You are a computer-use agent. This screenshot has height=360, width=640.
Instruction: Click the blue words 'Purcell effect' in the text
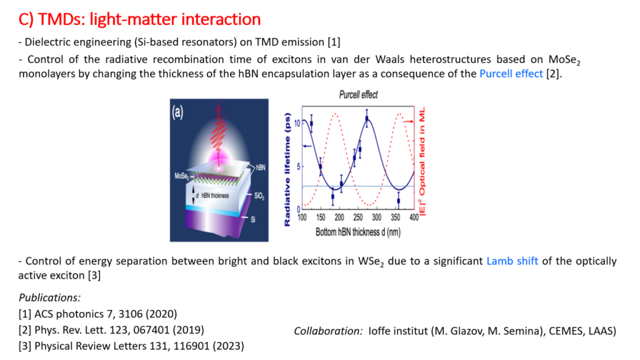coord(511,74)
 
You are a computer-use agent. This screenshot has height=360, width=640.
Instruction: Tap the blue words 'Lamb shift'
coord(512,261)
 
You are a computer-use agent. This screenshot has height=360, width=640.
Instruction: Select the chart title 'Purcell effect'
coord(358,95)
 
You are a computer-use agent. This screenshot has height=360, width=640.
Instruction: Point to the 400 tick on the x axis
coord(414,217)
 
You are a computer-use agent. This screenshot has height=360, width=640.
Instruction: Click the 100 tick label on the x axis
coord(302,217)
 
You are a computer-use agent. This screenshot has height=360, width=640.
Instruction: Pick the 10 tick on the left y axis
coord(297,123)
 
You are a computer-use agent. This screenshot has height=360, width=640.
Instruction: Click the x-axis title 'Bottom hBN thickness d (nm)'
coord(358,232)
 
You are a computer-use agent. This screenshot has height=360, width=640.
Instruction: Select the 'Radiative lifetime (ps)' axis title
coord(287,169)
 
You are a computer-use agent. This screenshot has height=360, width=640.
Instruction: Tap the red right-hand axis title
coord(422,162)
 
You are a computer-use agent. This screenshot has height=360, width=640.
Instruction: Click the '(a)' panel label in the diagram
coord(177,112)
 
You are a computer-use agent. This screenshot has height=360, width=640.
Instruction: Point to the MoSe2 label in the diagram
coord(182,176)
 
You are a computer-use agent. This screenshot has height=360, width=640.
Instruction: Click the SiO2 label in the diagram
coord(259,196)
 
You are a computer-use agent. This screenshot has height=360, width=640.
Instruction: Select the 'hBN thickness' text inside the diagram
coord(215,196)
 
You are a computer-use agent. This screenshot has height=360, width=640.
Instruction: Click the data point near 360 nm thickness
coord(398,201)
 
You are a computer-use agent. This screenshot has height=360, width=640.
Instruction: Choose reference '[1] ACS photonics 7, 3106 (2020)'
coord(97,314)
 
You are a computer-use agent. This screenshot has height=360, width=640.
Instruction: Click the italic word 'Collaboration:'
coord(328,331)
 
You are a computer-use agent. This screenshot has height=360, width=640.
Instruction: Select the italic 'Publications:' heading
coord(50,297)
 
